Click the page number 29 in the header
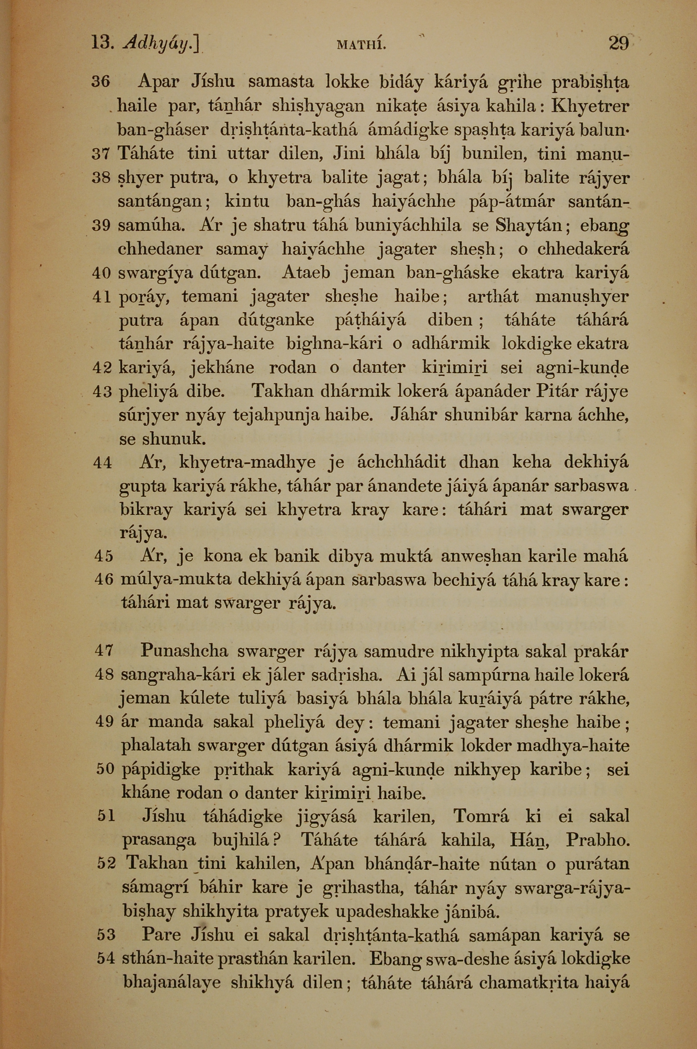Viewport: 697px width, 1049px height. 618,44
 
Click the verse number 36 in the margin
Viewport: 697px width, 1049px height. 101,82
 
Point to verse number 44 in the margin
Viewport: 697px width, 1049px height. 103,463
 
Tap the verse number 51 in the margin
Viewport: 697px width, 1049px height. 106,816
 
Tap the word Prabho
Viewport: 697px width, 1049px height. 598,840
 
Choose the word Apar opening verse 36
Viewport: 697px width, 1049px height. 159,82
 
